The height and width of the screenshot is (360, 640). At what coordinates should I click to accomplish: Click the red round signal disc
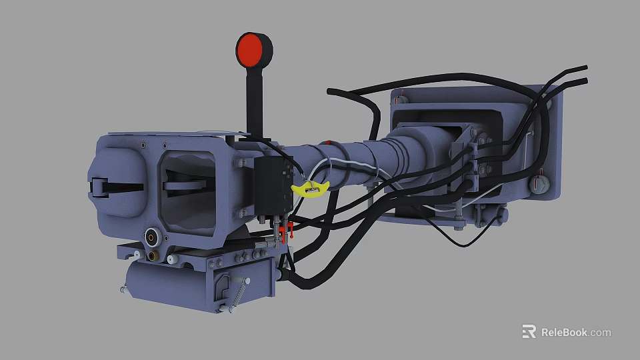(254, 49)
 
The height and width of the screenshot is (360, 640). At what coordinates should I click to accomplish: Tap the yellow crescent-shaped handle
(311, 189)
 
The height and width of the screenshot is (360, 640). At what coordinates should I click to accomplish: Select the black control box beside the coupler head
(272, 183)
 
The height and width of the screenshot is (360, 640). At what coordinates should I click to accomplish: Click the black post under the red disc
(254, 100)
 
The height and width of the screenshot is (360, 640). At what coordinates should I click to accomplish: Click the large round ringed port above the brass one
(153, 236)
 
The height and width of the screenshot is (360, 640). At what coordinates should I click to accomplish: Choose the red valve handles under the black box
(285, 231)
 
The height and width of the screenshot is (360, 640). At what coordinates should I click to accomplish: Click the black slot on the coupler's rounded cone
(116, 187)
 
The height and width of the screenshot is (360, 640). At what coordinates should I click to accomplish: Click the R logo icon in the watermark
(529, 331)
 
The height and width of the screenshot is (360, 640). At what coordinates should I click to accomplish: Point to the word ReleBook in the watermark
(564, 332)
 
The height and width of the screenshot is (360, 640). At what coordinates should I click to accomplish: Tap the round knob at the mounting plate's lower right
(539, 183)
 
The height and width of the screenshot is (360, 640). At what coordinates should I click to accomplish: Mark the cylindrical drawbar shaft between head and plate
(360, 163)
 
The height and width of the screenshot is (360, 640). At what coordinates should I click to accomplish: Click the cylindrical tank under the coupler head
(167, 283)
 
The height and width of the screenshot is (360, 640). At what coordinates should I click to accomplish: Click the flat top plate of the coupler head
(173, 133)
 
